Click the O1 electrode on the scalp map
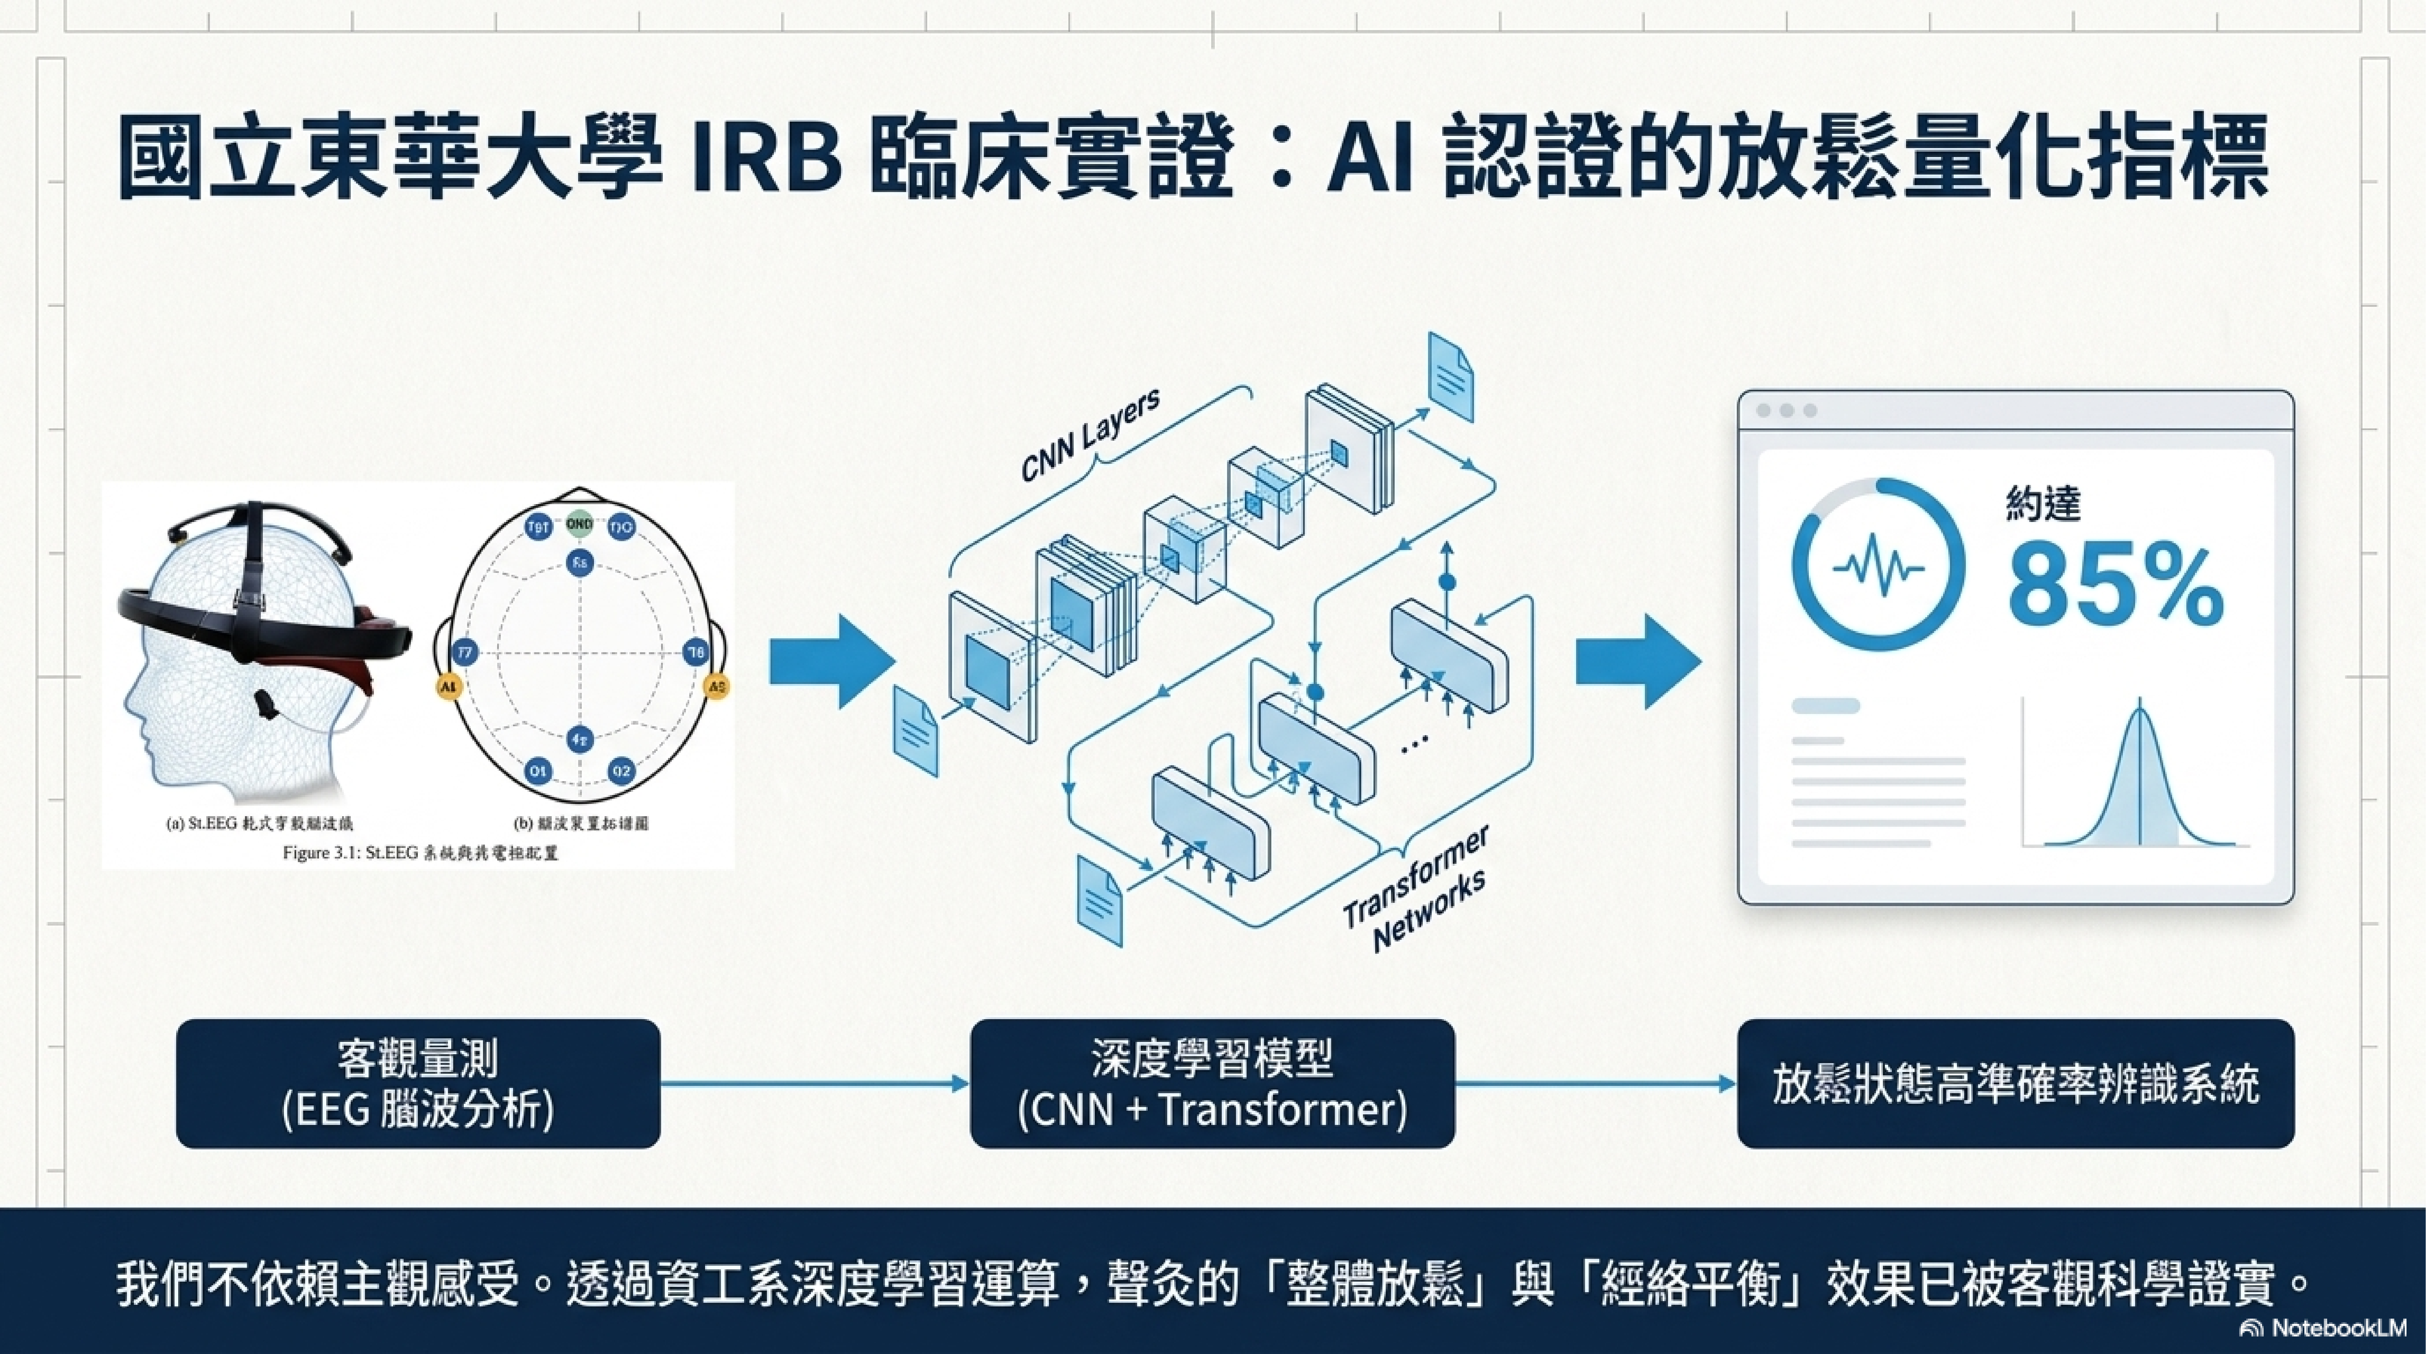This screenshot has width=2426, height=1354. (538, 771)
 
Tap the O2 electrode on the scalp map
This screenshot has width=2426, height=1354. (621, 771)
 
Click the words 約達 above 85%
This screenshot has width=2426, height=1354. (2042, 505)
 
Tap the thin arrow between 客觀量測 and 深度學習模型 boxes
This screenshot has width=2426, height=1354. (815, 1084)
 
